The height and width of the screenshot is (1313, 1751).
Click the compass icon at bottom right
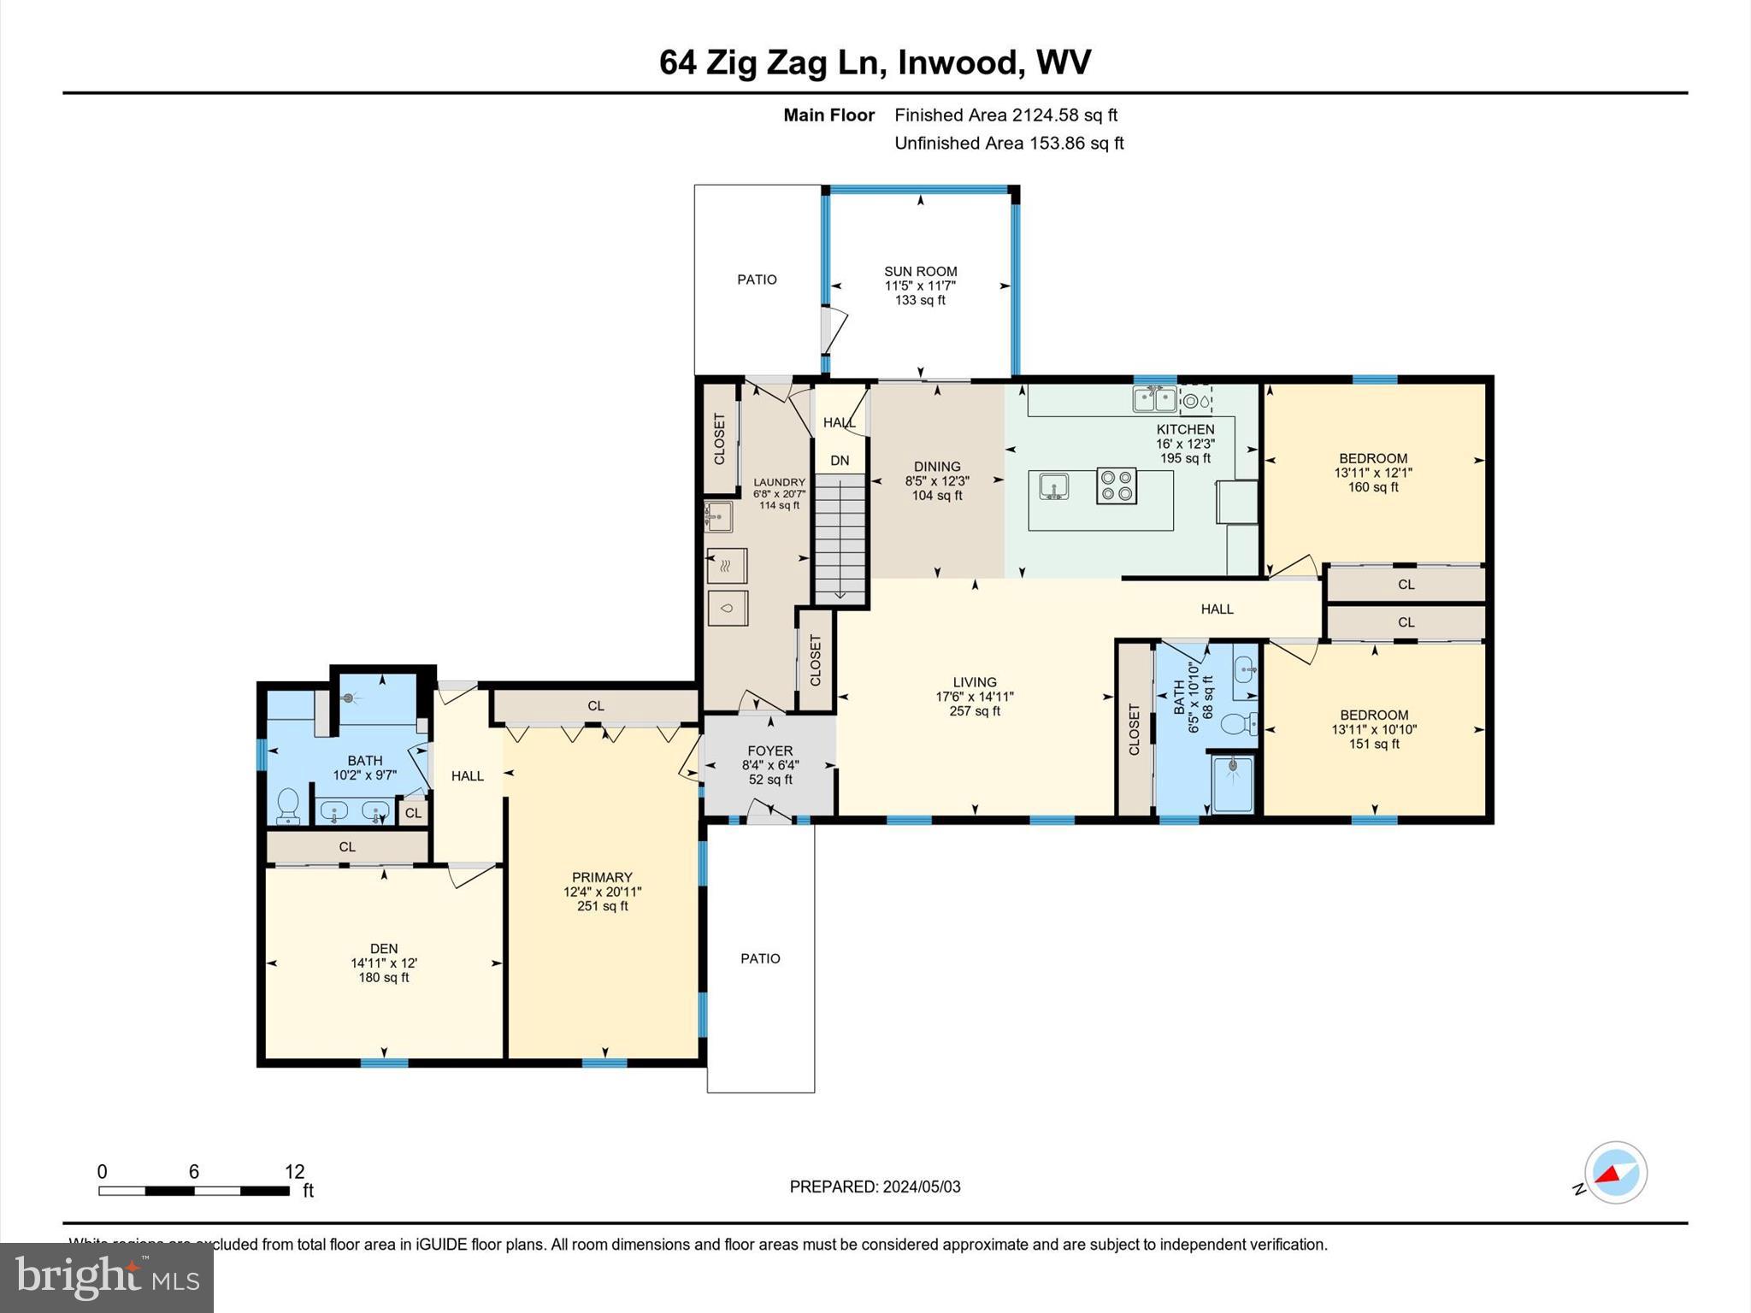1615,1172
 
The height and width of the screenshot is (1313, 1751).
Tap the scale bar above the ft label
194,1190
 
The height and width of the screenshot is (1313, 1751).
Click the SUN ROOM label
920,271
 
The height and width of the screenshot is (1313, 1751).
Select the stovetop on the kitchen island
1117,486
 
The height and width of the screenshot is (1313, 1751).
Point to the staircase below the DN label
840,539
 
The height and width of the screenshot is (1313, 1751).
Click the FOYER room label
769,751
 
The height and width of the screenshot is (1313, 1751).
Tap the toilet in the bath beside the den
288,805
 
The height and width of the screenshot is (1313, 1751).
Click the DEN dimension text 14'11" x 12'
384,963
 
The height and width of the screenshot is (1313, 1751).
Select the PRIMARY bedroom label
602,877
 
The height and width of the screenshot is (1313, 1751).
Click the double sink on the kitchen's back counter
1154,398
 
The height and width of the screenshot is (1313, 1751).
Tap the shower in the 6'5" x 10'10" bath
1232,783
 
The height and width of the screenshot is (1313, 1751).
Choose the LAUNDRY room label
779,482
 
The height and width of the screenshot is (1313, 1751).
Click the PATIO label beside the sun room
757,280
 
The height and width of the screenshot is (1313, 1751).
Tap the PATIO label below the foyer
760,958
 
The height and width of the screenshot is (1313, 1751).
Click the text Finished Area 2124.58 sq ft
1005,115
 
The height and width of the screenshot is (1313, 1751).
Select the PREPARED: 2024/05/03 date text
875,1186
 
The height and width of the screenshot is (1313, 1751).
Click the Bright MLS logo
107,1277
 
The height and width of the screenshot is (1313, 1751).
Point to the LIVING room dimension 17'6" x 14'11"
975,697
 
